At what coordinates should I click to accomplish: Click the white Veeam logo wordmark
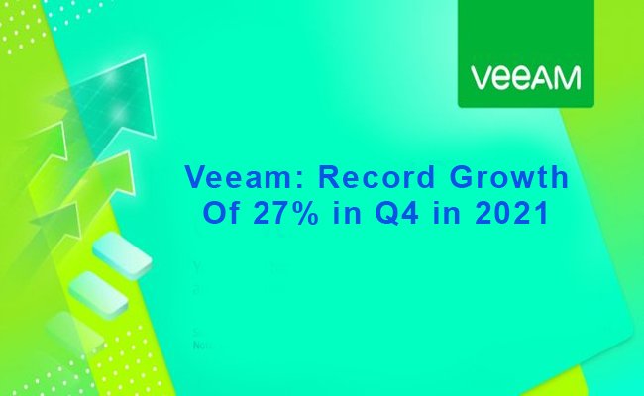click(525, 77)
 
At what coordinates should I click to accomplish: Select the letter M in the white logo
click(567, 78)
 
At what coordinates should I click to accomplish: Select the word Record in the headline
click(376, 177)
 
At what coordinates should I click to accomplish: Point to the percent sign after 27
click(303, 213)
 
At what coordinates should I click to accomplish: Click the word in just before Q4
click(347, 213)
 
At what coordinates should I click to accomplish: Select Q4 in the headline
click(397, 213)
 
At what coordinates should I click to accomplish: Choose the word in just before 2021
click(447, 213)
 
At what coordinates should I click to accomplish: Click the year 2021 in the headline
click(512, 213)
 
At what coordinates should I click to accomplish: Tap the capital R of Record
click(329, 177)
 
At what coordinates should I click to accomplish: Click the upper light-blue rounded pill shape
click(123, 254)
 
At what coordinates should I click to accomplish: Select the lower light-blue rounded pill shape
click(98, 293)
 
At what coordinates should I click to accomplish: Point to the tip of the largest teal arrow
click(145, 55)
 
